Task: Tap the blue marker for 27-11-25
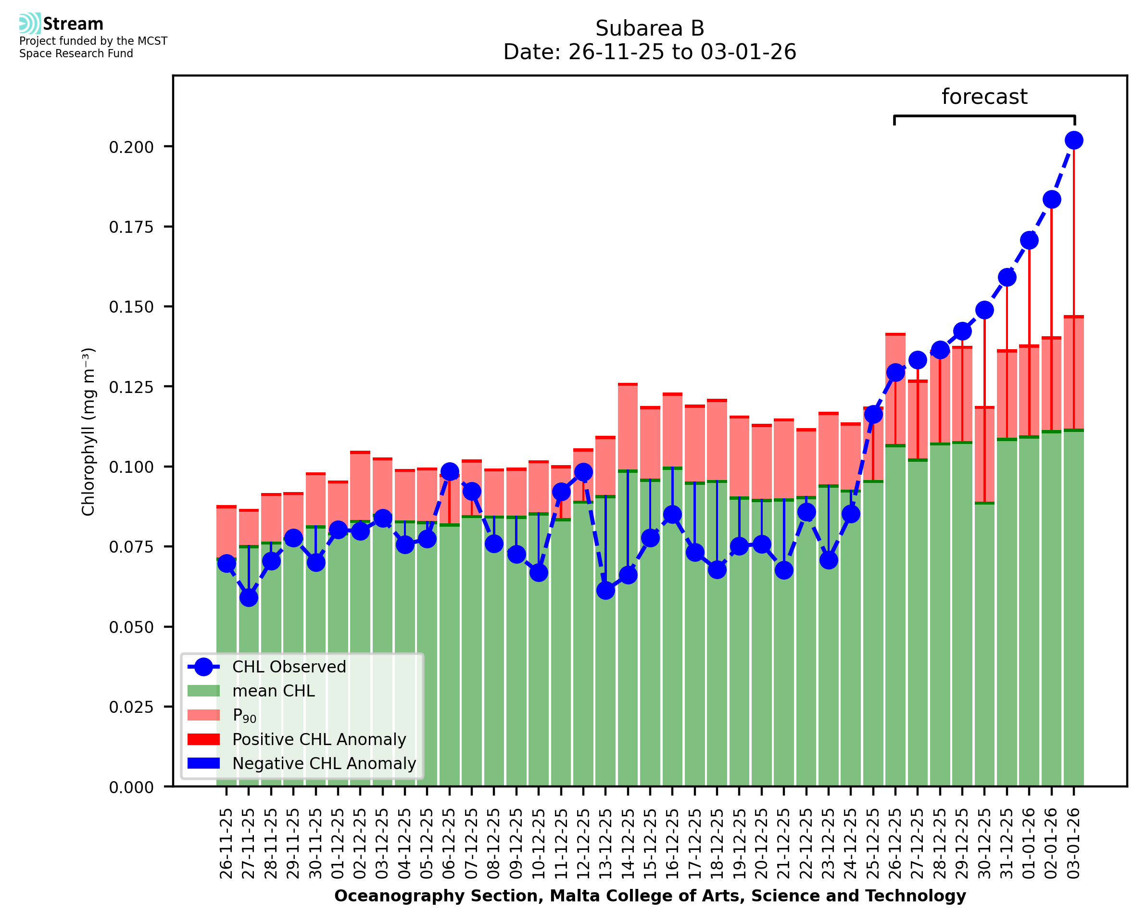pos(249,598)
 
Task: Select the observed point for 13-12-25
pos(605,590)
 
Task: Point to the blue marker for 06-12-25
pos(450,471)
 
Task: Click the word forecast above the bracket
pos(984,97)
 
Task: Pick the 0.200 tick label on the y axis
pos(131,147)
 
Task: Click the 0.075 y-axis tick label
pos(131,547)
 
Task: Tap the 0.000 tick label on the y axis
pos(131,787)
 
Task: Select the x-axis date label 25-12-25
pos(873,844)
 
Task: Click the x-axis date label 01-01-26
pos(1029,844)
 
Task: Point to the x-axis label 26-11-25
pos(227,844)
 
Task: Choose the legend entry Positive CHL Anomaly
pos(319,739)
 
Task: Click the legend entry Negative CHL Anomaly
pos(324,763)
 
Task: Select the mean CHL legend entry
pos(274,691)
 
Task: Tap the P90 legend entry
pos(244,715)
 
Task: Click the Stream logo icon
pos(30,24)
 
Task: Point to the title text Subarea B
pos(650,28)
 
